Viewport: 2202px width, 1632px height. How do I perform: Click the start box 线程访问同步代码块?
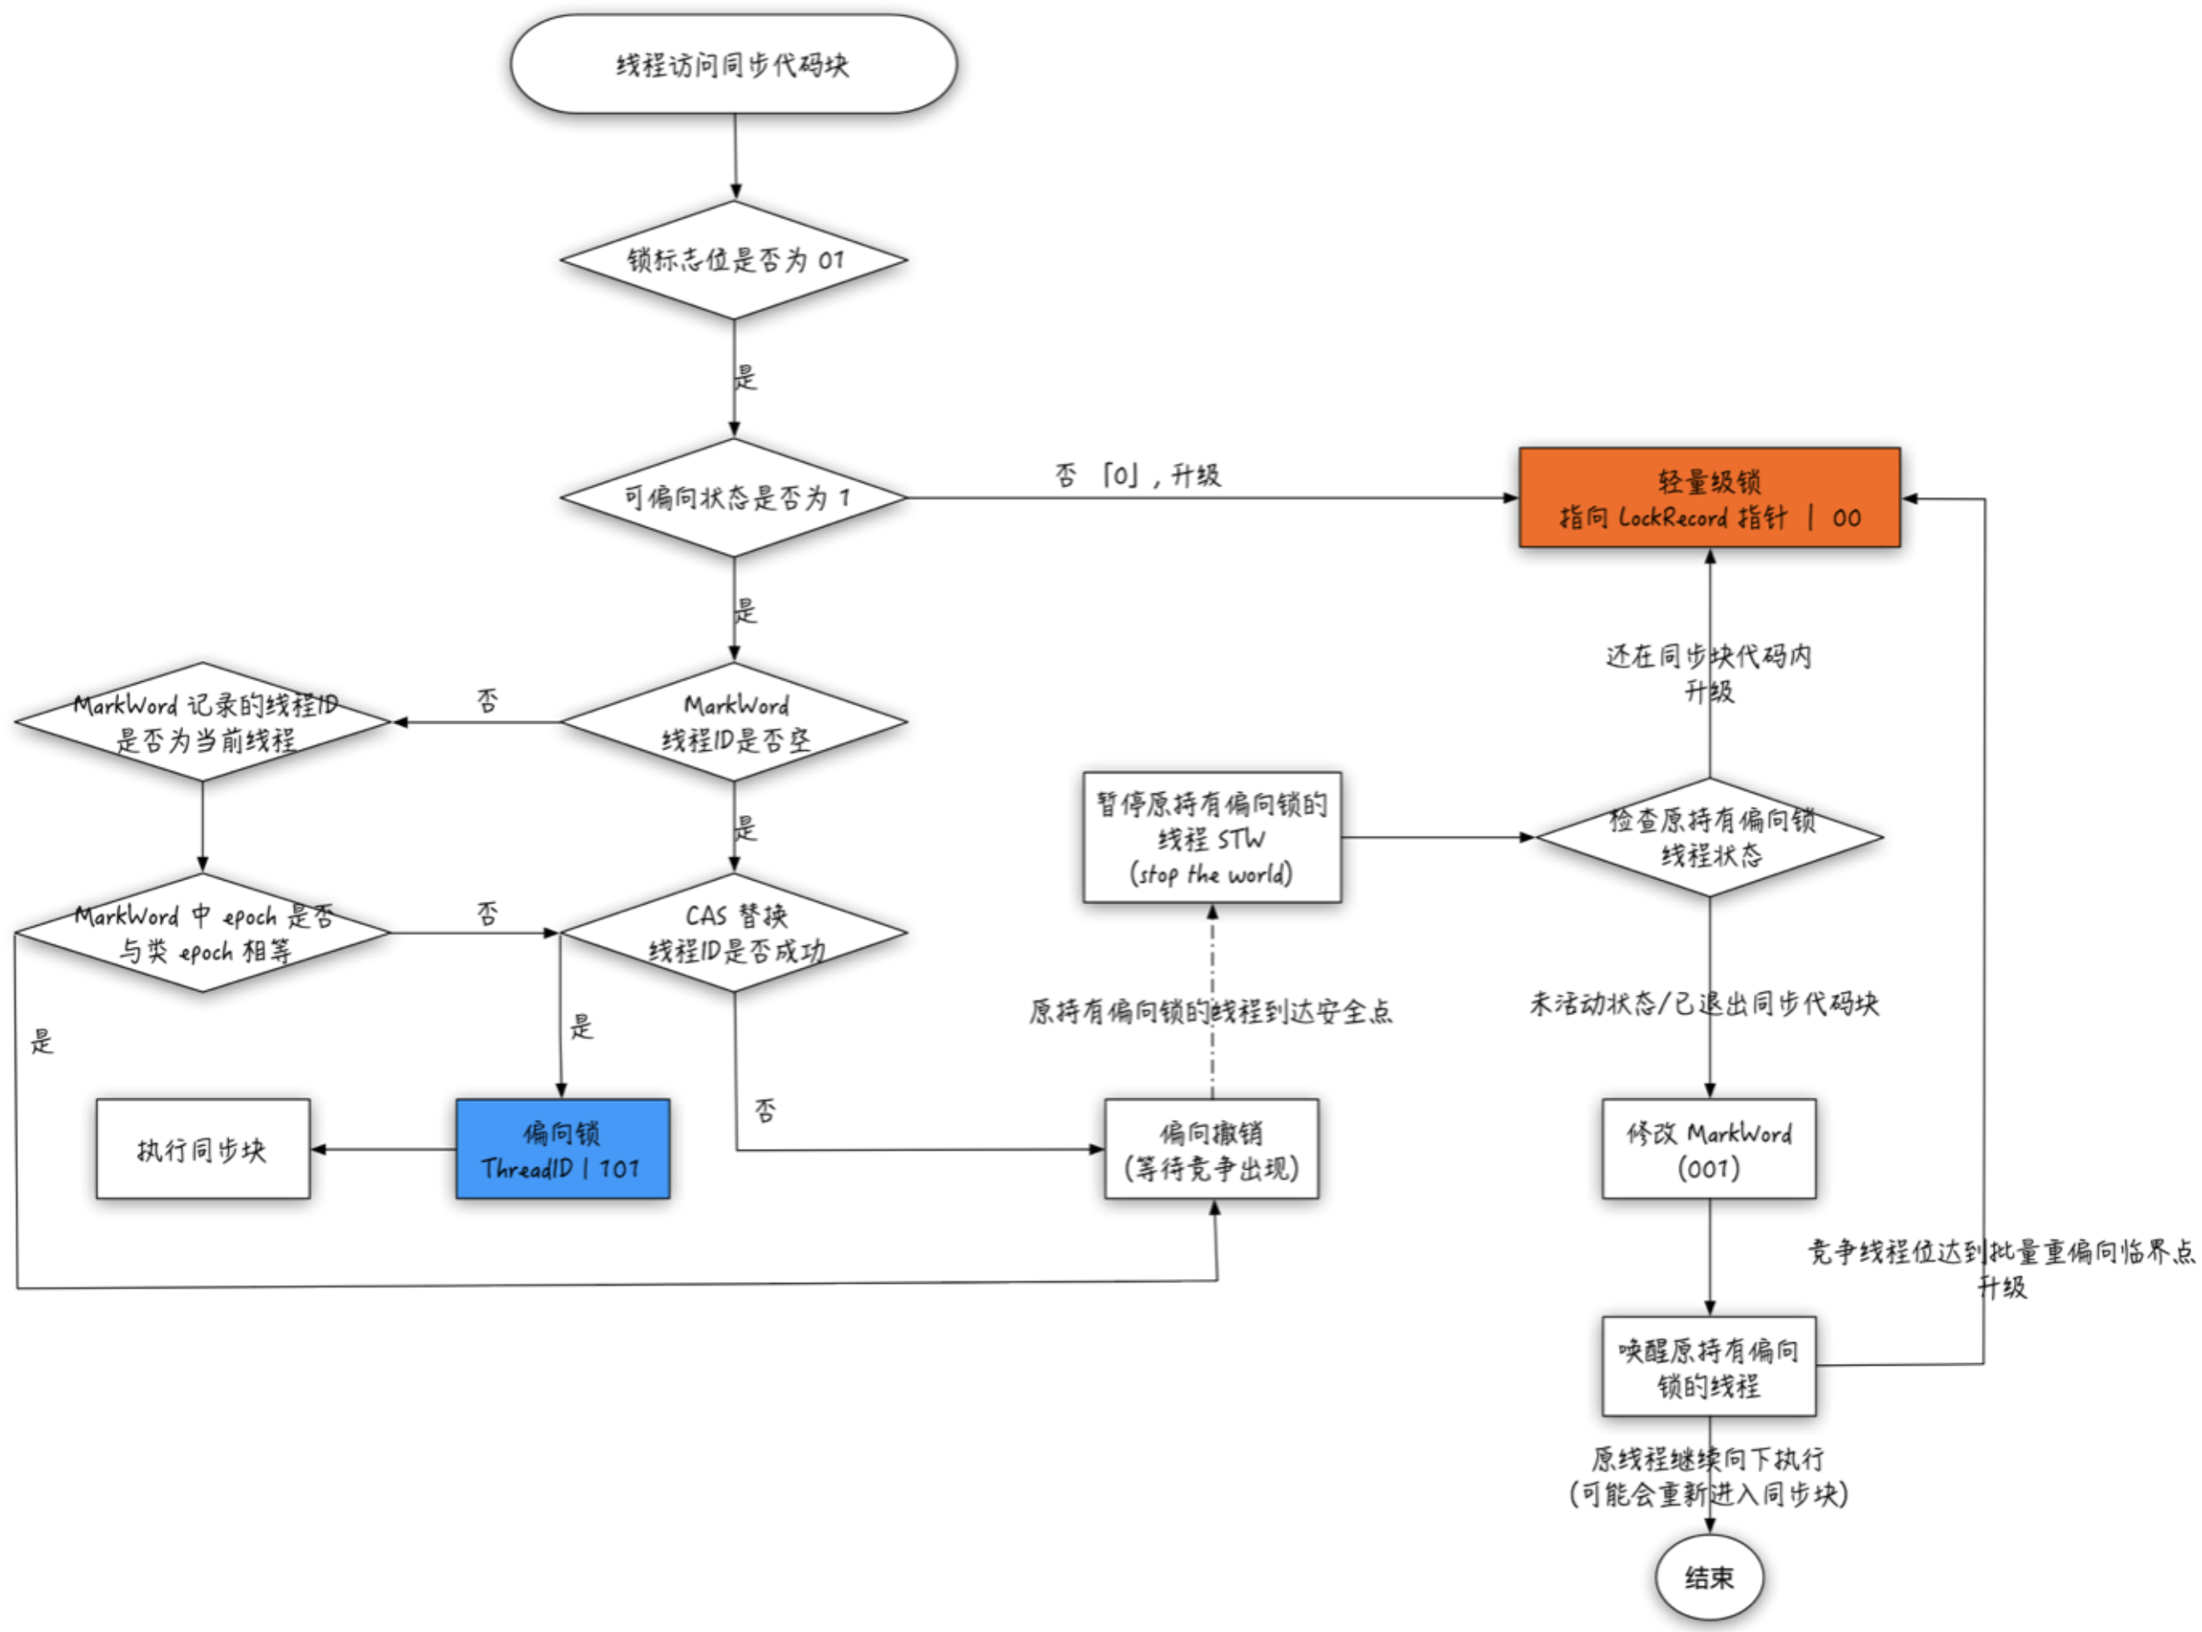click(733, 64)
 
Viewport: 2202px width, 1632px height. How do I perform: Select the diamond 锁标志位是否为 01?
click(733, 260)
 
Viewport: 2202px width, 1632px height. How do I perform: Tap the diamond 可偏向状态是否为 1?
click(733, 497)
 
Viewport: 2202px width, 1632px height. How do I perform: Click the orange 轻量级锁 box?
click(1708, 498)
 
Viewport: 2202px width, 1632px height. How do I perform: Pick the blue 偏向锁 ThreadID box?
click(562, 1149)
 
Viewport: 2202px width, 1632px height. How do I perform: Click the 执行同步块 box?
click(202, 1149)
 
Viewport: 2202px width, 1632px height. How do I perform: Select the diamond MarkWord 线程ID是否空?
click(733, 722)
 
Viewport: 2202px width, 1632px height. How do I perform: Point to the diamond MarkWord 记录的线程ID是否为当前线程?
click(203, 722)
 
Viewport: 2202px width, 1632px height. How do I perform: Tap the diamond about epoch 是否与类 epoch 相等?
click(203, 933)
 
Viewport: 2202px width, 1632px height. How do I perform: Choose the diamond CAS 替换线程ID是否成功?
click(733, 933)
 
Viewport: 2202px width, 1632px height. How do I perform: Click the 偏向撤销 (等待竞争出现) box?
click(1211, 1149)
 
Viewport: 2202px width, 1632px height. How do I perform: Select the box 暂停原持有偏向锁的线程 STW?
click(1211, 838)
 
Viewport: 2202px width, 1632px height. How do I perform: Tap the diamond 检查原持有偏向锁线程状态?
click(1710, 838)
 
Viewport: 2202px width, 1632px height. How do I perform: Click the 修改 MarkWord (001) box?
click(1708, 1149)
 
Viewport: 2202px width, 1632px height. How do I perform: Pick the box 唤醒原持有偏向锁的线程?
click(1708, 1366)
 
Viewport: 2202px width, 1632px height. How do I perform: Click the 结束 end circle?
click(1709, 1578)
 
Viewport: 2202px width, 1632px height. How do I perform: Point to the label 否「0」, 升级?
click(1138, 476)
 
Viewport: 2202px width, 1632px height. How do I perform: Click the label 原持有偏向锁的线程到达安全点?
click(1210, 1011)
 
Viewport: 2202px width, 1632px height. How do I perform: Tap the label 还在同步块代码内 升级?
click(1708, 673)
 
